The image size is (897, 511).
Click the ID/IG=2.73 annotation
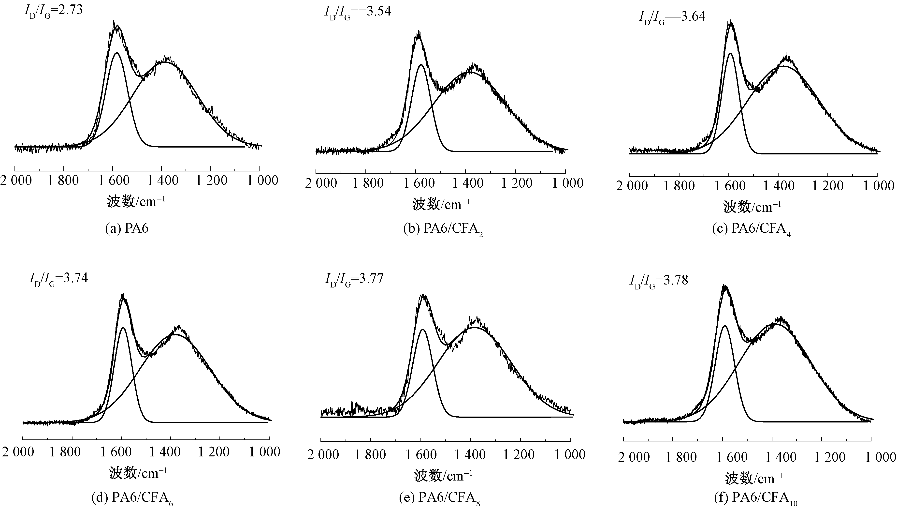click(x=53, y=11)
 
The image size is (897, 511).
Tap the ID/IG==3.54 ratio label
click(x=357, y=12)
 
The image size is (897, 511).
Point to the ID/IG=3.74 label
click(x=58, y=279)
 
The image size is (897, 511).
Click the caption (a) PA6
click(x=127, y=228)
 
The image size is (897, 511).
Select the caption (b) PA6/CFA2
click(x=443, y=229)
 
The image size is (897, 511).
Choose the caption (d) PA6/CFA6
click(x=132, y=498)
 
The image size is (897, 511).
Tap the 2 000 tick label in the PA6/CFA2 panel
click(x=321, y=183)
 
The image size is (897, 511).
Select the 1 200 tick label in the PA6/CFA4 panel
click(x=827, y=186)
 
